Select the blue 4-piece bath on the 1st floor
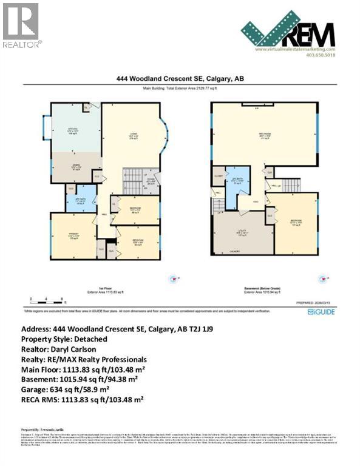pos(81,201)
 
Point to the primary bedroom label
pos(72,238)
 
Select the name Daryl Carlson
pos(70,350)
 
